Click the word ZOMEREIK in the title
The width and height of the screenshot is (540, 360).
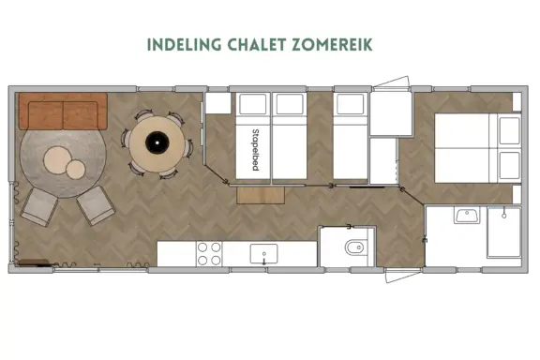pos(332,45)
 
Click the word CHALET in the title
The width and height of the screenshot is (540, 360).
pos(257,45)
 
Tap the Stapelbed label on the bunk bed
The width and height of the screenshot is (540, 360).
pos(255,149)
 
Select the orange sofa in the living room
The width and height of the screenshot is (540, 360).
pos(63,111)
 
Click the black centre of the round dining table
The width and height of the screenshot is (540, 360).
pos(157,142)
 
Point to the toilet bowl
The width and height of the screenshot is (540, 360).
pos(354,247)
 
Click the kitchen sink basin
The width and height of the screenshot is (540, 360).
pos(263,254)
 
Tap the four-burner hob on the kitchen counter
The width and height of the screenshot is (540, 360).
pos(209,254)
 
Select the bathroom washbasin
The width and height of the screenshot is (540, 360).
pos(467,215)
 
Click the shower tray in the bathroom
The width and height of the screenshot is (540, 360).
pos(503,232)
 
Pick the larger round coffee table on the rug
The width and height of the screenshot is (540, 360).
pos(57,160)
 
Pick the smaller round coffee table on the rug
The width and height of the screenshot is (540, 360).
pos(75,170)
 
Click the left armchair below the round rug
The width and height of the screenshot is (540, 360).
pos(39,207)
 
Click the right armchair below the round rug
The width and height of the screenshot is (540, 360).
pos(96,205)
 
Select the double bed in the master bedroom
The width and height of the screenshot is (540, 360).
pos(478,148)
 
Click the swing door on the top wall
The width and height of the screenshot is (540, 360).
pos(392,82)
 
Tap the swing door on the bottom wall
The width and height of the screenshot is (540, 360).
pos(403,276)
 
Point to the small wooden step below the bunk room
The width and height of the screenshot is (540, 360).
pos(261,195)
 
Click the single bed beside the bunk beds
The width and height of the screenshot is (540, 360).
pos(351,136)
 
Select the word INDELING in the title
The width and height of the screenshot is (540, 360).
pos(185,45)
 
